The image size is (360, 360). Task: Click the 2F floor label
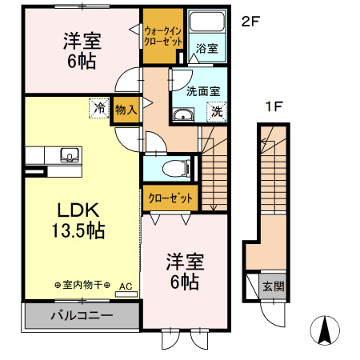(250, 22)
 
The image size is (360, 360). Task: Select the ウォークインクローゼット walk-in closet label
(163, 35)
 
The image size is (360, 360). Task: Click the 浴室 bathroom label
(206, 49)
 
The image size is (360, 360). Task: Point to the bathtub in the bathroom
(207, 25)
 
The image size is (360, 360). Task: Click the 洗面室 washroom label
(202, 90)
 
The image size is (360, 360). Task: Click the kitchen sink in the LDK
(67, 154)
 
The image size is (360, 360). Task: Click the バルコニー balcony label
(83, 315)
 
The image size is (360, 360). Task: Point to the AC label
(126, 285)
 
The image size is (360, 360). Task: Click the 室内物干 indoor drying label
(82, 285)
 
